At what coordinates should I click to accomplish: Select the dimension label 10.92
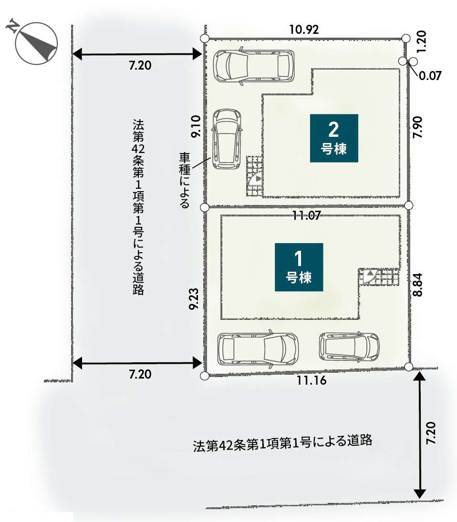[x=304, y=30]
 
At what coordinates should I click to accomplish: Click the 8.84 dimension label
[x=419, y=285]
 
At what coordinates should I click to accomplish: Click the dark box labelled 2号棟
[x=333, y=138]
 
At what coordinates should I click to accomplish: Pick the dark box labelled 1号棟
[x=299, y=267]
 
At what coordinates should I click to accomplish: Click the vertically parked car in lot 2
[x=226, y=139]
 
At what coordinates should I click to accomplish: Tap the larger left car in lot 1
[x=258, y=349]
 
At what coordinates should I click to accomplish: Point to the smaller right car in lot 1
[x=349, y=346]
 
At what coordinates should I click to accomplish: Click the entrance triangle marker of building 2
[x=257, y=179]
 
